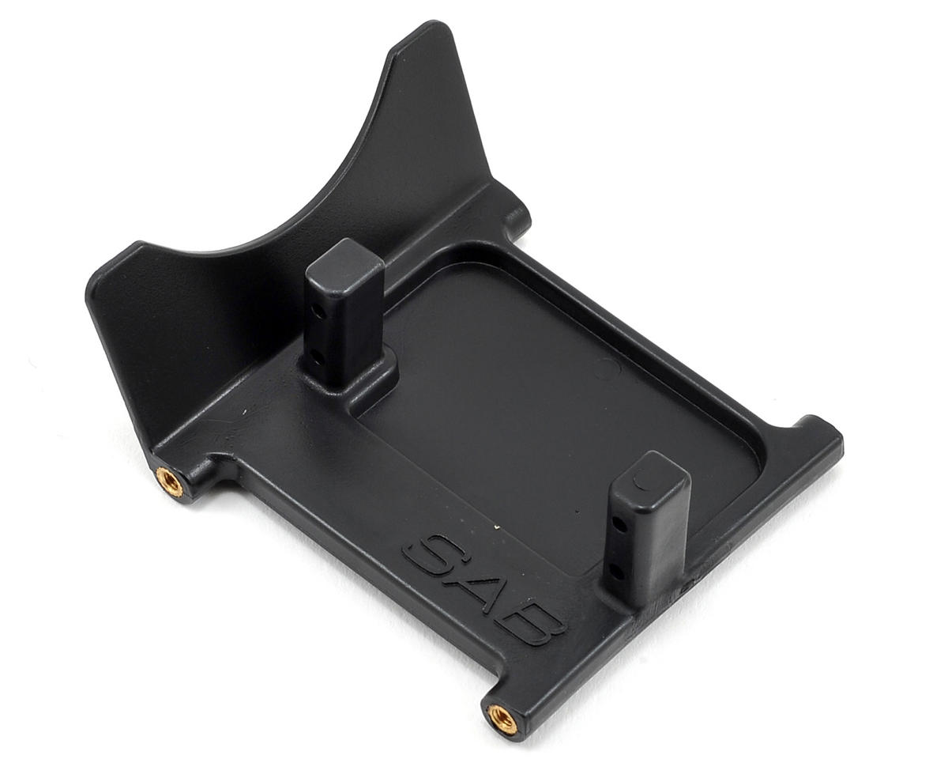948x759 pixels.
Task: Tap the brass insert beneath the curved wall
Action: point(170,483)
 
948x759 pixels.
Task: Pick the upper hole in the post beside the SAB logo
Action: point(621,525)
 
